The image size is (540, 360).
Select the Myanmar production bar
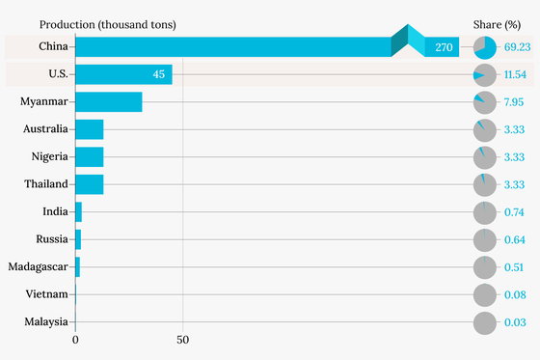[x=109, y=101]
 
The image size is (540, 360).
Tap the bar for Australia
[x=90, y=129]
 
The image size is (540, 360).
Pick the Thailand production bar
[x=90, y=184]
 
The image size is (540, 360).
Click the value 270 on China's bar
[x=444, y=47]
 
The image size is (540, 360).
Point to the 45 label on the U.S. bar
[x=159, y=74]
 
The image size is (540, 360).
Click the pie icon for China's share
[x=485, y=47]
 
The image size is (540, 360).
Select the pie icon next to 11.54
[x=485, y=75]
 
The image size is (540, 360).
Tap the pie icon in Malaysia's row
[x=485, y=322]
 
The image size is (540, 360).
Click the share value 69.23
[x=517, y=47]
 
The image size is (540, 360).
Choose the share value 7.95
[x=514, y=102]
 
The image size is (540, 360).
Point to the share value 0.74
[x=514, y=212]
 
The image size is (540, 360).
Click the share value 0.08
[x=515, y=294]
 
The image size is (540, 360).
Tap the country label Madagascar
[x=39, y=267]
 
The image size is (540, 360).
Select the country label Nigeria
[x=50, y=156]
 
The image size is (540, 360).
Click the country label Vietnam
[x=47, y=294]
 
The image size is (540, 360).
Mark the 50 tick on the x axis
[x=183, y=340]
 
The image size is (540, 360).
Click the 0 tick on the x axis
[x=75, y=340]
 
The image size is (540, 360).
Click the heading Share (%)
[x=497, y=25]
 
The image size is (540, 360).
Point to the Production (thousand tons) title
[x=108, y=25]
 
